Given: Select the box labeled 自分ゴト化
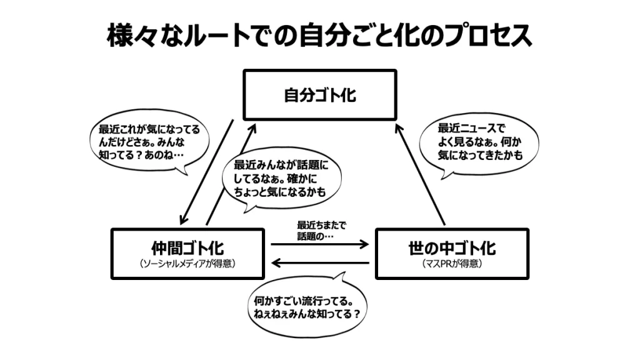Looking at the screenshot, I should [319, 94].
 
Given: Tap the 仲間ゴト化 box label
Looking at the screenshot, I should [187, 247].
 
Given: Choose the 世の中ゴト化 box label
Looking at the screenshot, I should [451, 247].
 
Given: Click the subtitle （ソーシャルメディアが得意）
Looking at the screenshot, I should [187, 264].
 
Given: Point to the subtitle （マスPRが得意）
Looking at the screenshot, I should [451, 264].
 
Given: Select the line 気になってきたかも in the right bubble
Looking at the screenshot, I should [479, 154].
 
